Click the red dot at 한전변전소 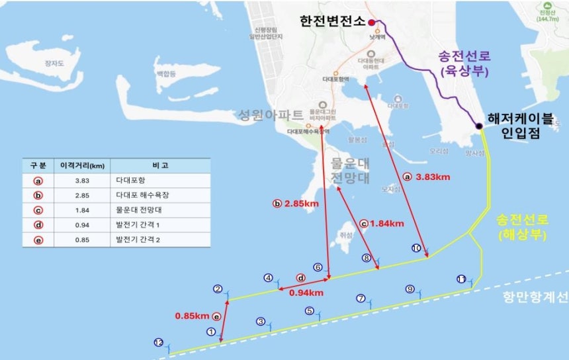point(372,22)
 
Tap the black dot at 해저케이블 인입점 point(478,126)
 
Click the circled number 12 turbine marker point(158,343)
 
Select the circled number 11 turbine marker point(461,279)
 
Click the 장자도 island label point(52,64)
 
